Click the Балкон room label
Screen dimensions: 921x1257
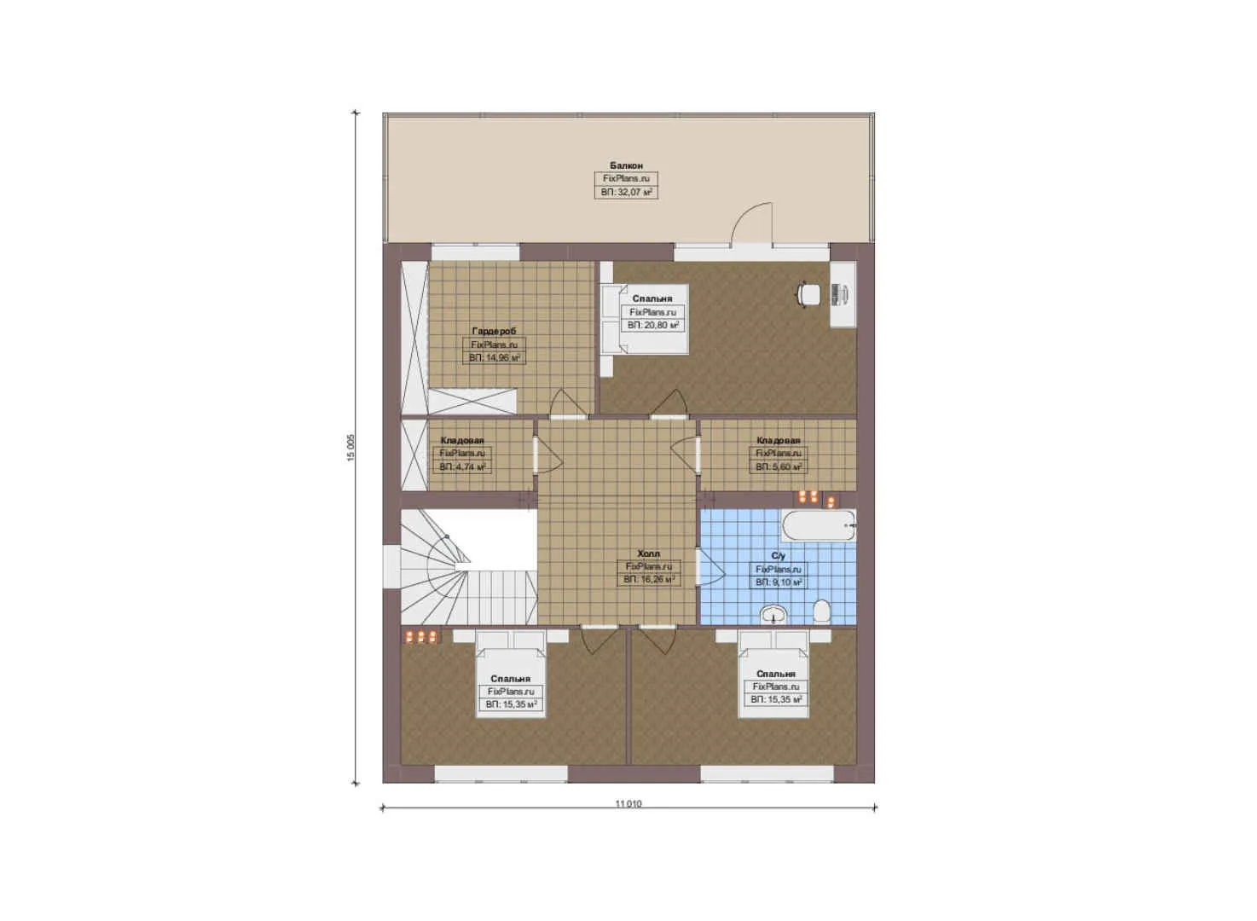pyautogui.click(x=626, y=165)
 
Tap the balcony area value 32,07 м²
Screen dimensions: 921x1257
pyautogui.click(x=626, y=193)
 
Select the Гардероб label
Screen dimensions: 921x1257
pyautogui.click(x=494, y=331)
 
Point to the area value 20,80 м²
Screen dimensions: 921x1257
pyautogui.click(x=653, y=325)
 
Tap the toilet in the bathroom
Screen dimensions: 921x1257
pyautogui.click(x=822, y=611)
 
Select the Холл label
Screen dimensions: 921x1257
pyautogui.click(x=648, y=553)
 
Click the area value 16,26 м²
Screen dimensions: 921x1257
pyautogui.click(x=649, y=579)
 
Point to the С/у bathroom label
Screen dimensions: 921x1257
pyautogui.click(x=778, y=556)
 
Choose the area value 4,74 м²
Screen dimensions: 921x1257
pyautogui.click(x=462, y=467)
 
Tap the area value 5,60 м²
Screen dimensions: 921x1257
pyautogui.click(x=778, y=467)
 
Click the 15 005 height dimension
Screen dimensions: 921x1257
pyautogui.click(x=350, y=447)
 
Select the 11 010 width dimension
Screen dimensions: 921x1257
pyautogui.click(x=628, y=803)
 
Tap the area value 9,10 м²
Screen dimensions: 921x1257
pyautogui.click(x=778, y=582)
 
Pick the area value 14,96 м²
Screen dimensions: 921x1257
pyautogui.click(x=494, y=358)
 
